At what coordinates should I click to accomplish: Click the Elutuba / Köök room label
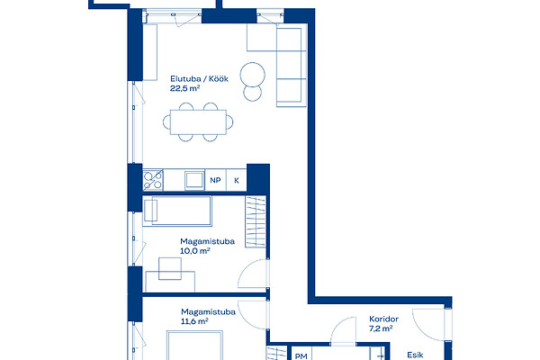tap(199, 79)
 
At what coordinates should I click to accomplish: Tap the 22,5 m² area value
tap(184, 88)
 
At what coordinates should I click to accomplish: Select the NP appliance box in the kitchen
tap(216, 180)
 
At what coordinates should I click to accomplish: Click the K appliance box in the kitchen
tap(237, 180)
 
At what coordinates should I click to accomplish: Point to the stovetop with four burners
tap(153, 180)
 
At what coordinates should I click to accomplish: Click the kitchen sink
tap(194, 180)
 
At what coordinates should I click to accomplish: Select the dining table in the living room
tap(198, 122)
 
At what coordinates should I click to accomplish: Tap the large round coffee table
tap(252, 75)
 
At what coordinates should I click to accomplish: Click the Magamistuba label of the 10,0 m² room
tap(207, 241)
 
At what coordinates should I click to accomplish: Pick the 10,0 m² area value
tap(195, 251)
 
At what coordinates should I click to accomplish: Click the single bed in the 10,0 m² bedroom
tap(177, 211)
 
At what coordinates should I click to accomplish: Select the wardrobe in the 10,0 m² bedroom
tap(256, 221)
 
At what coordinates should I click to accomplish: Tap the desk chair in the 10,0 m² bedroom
tap(170, 269)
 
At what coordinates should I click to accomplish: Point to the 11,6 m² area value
tap(194, 321)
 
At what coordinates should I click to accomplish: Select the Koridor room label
tap(383, 319)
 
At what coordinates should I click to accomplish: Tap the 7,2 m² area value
tap(381, 328)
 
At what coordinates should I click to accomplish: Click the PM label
tap(301, 356)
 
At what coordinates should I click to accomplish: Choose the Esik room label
tap(415, 355)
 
